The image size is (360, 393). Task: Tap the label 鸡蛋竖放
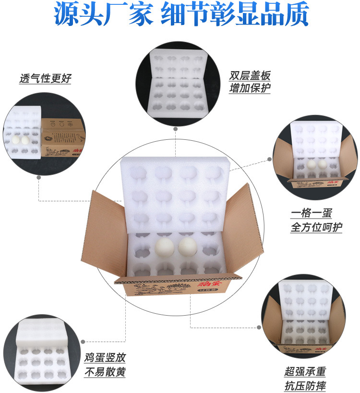[x=105, y=358]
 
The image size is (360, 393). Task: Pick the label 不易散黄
[x=105, y=372]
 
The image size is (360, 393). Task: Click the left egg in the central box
[x=166, y=248]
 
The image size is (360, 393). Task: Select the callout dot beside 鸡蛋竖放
[x=82, y=339]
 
